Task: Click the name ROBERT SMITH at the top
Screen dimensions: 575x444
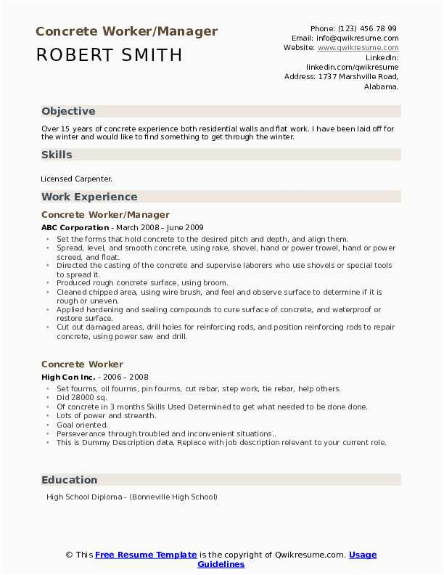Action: [x=109, y=55]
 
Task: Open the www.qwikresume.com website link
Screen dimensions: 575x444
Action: [x=358, y=47]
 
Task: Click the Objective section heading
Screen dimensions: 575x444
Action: [x=68, y=111]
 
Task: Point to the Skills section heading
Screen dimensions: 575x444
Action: [x=57, y=155]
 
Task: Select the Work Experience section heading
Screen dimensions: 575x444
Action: [x=89, y=197]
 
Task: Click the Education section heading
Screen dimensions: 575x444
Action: [x=70, y=480]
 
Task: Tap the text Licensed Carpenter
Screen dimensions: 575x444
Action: [x=77, y=179]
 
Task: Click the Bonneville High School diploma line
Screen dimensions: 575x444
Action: [x=131, y=497]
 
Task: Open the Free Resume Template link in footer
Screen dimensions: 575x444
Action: [x=146, y=555]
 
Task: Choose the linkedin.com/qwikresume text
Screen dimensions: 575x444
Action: [x=352, y=66]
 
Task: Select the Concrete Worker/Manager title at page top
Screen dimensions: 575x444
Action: [x=126, y=31]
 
